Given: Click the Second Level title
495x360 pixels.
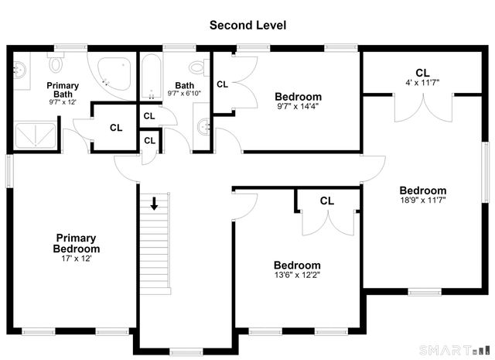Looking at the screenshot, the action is click(x=247, y=26).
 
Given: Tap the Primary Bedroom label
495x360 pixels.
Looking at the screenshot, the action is click(x=77, y=243).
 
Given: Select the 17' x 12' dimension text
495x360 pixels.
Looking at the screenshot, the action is click(x=77, y=259).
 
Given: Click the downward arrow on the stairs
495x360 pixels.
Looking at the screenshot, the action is click(x=154, y=204).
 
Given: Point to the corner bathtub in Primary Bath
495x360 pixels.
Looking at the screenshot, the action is click(x=114, y=74).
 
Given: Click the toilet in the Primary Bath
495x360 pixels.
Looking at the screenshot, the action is click(x=56, y=62).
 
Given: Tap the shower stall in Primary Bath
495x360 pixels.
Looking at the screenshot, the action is click(x=36, y=135).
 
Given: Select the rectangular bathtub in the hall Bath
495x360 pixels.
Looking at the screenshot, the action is click(x=152, y=77).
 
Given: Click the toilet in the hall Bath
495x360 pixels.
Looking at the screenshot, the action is click(x=200, y=67).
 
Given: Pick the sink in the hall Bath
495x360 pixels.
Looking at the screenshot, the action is click(x=203, y=127).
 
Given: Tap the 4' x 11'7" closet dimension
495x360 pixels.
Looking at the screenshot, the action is click(x=422, y=83).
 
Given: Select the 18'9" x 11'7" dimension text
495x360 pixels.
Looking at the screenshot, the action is click(x=423, y=200).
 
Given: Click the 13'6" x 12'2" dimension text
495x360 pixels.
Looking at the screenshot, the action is click(x=297, y=275).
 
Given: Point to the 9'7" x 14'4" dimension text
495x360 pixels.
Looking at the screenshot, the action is click(x=298, y=106).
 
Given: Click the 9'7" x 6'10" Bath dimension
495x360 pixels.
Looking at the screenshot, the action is click(x=184, y=94).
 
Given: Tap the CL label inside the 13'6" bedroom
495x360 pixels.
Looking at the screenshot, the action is click(x=326, y=201).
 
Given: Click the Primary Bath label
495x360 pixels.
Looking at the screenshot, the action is click(x=63, y=90).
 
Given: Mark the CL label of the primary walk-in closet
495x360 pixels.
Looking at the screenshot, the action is click(x=116, y=128).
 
